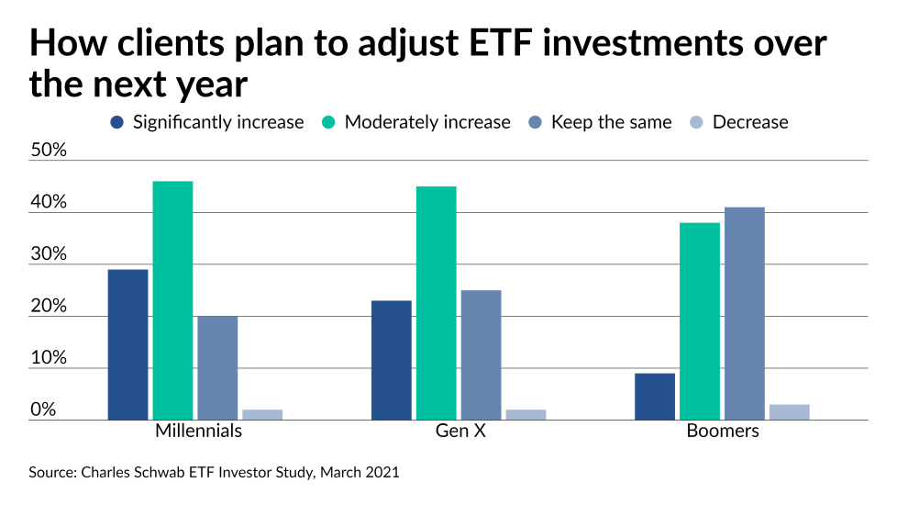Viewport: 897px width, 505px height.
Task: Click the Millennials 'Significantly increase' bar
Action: [x=127, y=344]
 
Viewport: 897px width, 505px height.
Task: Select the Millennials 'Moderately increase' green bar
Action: [x=172, y=300]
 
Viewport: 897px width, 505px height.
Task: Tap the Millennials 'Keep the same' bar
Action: [x=217, y=367]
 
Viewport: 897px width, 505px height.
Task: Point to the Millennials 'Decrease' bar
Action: [x=262, y=415]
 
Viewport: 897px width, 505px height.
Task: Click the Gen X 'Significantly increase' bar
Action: [x=391, y=360]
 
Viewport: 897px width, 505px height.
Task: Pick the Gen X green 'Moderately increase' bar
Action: [x=436, y=303]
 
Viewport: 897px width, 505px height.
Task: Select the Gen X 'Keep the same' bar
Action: [x=481, y=354]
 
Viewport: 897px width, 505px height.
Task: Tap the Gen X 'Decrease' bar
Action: [x=526, y=415]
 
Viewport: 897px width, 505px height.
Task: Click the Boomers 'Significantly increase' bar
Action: [x=655, y=396]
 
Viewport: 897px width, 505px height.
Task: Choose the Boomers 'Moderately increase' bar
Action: [x=700, y=321]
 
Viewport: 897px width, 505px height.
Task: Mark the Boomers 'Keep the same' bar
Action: [x=744, y=313]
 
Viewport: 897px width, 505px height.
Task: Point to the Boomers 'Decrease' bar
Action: [x=789, y=412]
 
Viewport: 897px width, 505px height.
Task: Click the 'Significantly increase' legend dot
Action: [x=116, y=122]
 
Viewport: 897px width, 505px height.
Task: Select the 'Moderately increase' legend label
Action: [x=427, y=122]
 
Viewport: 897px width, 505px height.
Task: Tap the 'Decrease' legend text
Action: [x=749, y=122]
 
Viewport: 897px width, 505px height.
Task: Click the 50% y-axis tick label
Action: [x=49, y=150]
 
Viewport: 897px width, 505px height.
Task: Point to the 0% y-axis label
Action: [x=43, y=410]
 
